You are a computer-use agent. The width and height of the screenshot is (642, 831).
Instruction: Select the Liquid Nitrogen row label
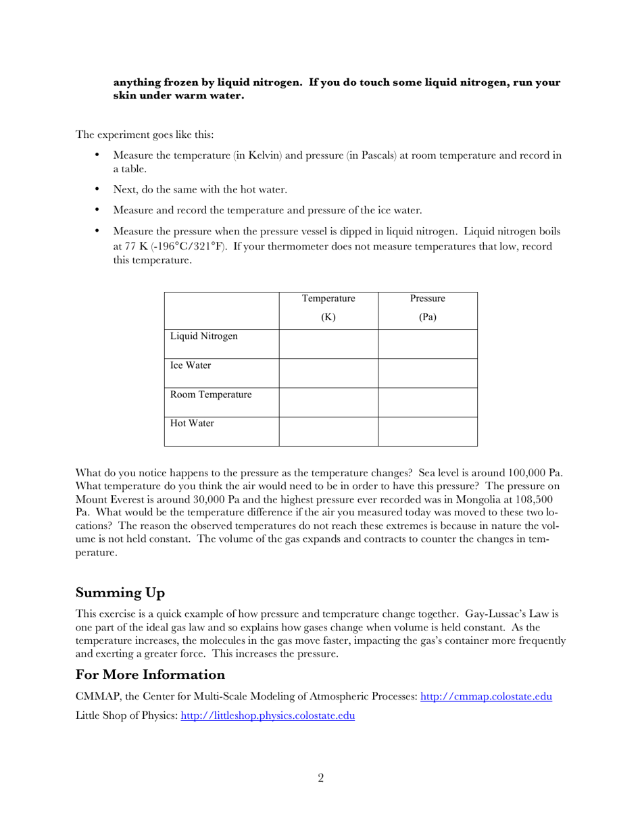[x=203, y=336]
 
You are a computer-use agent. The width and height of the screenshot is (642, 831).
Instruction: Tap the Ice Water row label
[x=191, y=366]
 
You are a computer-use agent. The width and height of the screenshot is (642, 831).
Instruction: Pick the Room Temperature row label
[x=211, y=395]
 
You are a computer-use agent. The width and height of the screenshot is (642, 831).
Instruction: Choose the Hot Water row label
[x=192, y=424]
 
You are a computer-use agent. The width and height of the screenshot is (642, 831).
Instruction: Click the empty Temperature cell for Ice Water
[x=328, y=373]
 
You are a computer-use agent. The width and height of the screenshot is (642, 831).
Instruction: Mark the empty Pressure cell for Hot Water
[x=427, y=431]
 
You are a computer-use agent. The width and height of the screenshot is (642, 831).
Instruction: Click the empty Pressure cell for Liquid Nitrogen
[x=427, y=344]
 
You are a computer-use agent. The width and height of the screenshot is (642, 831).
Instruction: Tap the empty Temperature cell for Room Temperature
[x=328, y=402]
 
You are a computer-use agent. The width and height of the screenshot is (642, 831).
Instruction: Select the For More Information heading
[x=150, y=674]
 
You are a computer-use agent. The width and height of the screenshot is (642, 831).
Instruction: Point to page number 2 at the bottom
[x=321, y=778]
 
